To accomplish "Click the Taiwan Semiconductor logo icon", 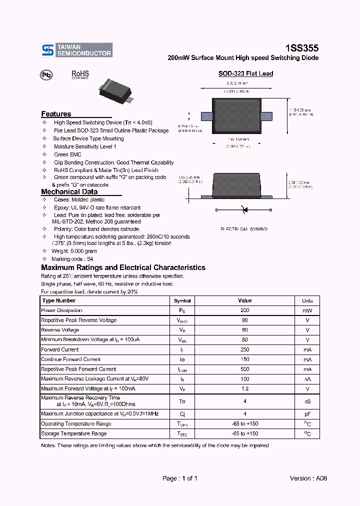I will point(48,49).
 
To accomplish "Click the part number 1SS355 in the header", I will point(301,48).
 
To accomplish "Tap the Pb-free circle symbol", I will point(46,75).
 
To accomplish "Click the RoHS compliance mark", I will point(80,74).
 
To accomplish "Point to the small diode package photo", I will point(117,89).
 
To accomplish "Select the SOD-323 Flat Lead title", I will point(245,73).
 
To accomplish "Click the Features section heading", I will point(56,114).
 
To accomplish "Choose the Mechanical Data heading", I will point(69,192).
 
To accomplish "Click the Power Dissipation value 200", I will point(245,310).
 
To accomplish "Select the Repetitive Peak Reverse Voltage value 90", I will point(245,320).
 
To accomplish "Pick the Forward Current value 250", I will point(245,349).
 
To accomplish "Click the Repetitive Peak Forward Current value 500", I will point(245,369).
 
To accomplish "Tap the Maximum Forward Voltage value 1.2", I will point(245,388).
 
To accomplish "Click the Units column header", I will point(307,300).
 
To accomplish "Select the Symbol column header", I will point(182,300).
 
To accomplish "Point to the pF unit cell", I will point(307,414).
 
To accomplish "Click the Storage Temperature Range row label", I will point(73,433).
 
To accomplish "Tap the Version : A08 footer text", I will point(308,478).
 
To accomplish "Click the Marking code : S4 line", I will point(73,259).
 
